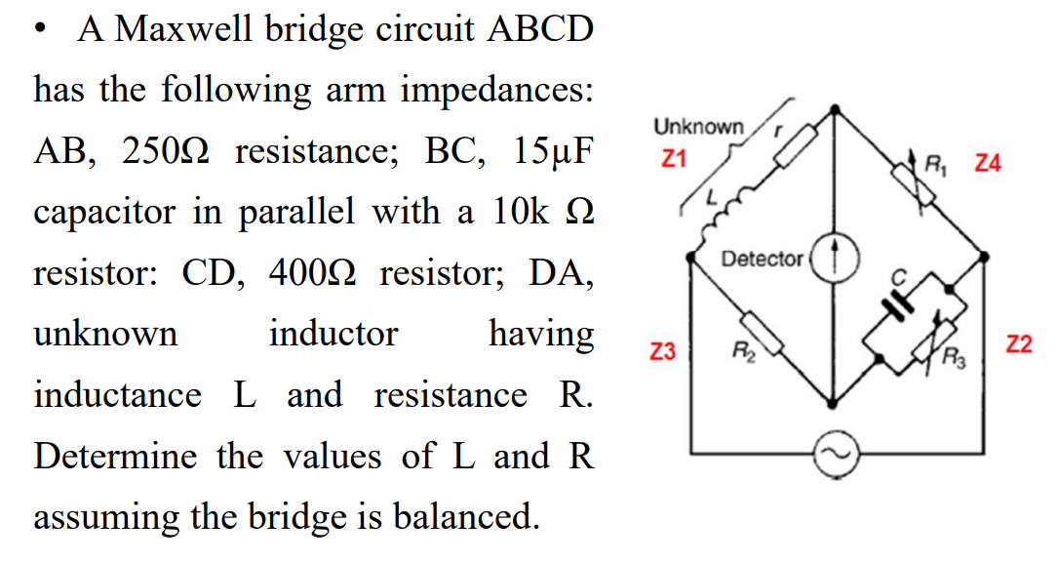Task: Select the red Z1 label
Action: click(674, 156)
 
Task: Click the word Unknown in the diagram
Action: click(698, 127)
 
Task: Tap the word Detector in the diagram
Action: click(763, 260)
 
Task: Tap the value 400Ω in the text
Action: click(303, 273)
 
